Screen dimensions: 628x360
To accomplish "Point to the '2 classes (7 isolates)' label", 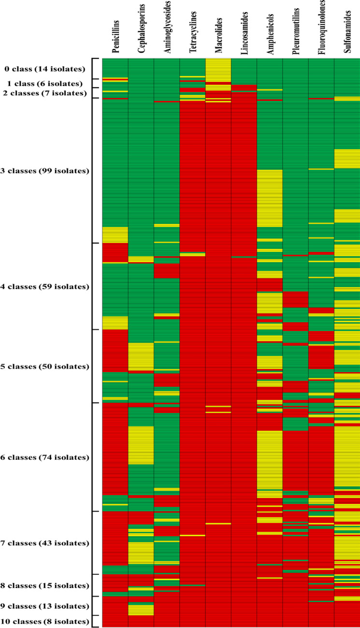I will coord(46,93).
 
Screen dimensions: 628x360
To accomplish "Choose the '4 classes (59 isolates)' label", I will coord(45,286).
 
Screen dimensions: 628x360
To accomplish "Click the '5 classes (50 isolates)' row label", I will coord(45,366).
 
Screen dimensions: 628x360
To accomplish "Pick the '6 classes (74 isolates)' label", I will coord(45,457).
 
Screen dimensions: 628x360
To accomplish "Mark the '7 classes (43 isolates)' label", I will coord(45,543).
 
